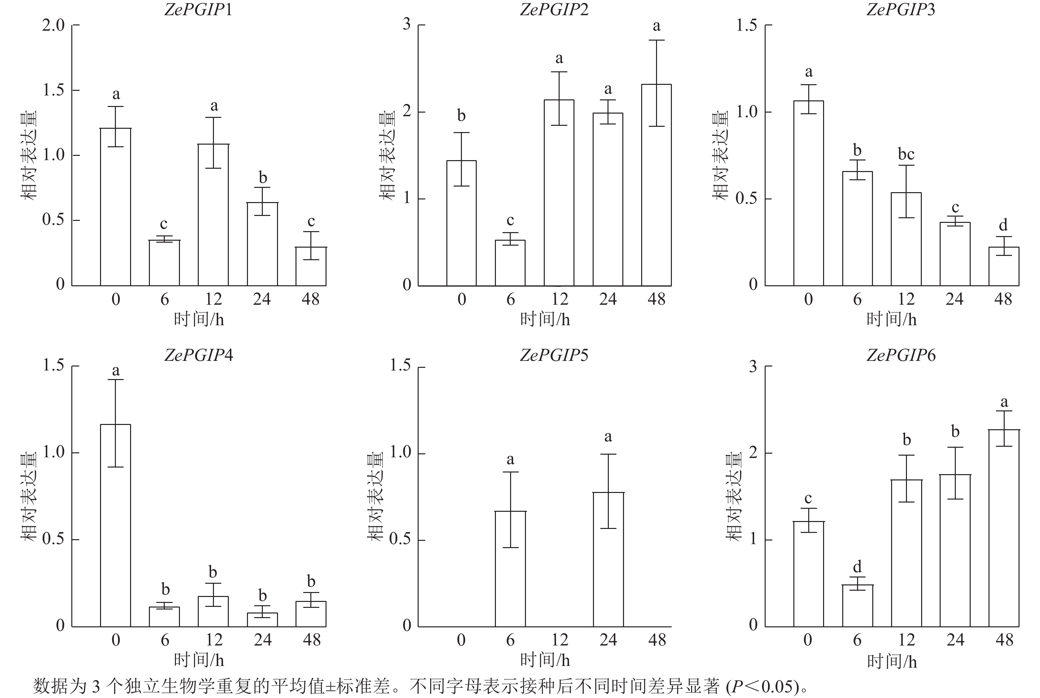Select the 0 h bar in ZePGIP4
(115, 525)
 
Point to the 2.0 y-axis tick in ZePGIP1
(53, 25)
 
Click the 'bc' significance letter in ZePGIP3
(906, 155)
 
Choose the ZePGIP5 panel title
(554, 355)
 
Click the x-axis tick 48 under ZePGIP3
(1003, 299)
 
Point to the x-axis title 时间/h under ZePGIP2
(545, 319)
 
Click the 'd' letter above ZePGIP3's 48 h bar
(1003, 225)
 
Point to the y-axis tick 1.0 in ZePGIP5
(401, 452)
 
